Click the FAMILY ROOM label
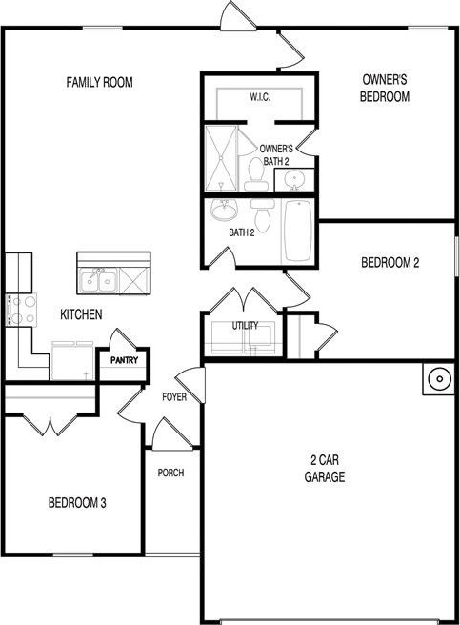99,82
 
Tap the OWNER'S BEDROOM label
385,88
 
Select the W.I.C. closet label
260,97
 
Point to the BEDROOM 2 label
390,263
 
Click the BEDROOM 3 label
77,503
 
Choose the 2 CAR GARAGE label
325,469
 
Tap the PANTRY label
125,360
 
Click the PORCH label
170,473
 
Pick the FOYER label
174,397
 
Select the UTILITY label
245,326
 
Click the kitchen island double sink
98,280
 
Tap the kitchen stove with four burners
21,310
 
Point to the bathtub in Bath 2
297,231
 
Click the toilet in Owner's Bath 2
255,174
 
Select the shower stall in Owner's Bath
221,158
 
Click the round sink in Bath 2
224,210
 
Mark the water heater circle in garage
439,378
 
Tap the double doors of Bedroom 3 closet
50,425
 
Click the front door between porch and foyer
172,433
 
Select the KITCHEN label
81,314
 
